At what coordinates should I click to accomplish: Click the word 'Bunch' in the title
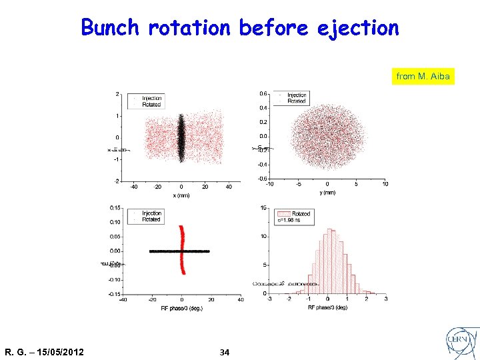(110, 28)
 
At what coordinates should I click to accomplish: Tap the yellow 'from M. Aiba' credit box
(423, 77)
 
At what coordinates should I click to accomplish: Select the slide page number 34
(225, 352)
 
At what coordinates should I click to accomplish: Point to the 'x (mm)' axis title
(182, 195)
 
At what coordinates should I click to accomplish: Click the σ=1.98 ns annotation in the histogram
(292, 221)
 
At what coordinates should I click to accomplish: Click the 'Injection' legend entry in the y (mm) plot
(297, 95)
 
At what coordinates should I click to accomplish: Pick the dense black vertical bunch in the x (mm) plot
(181, 138)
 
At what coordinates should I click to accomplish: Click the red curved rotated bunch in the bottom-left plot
(182, 250)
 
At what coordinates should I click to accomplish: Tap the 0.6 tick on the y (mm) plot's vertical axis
(263, 93)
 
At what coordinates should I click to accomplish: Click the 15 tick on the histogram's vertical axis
(264, 207)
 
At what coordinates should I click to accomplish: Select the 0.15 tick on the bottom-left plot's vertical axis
(115, 207)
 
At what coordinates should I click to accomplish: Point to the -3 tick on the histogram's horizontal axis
(269, 300)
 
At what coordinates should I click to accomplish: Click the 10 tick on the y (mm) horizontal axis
(385, 185)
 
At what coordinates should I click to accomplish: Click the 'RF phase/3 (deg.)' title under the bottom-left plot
(182, 308)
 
